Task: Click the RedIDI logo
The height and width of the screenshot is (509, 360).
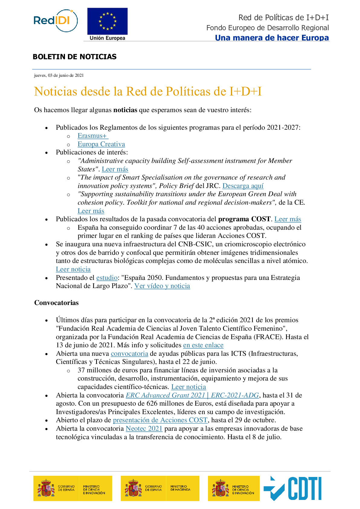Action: (x=55, y=21)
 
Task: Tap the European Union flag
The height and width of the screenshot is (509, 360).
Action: (x=107, y=21)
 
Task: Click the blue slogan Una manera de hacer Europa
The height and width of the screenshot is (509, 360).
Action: (x=272, y=38)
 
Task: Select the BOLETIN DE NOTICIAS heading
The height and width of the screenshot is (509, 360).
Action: (x=75, y=57)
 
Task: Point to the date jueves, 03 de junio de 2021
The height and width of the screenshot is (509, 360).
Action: (x=59, y=76)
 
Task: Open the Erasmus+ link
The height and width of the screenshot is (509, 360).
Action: (x=92, y=136)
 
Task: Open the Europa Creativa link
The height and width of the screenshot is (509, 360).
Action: (x=101, y=144)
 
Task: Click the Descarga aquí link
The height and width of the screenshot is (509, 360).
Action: (x=243, y=186)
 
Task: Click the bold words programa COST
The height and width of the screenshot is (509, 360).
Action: (x=244, y=219)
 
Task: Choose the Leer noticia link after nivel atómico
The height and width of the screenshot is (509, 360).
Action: (x=73, y=269)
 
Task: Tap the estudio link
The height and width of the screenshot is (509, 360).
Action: (x=107, y=278)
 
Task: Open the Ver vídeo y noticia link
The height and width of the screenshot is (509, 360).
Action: (x=162, y=286)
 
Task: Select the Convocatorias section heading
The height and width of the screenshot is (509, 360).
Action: (x=57, y=303)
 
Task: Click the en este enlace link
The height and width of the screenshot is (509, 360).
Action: (x=203, y=345)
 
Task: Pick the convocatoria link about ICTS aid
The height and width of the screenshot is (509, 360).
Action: (x=129, y=354)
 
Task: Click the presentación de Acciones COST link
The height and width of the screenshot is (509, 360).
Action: (x=160, y=420)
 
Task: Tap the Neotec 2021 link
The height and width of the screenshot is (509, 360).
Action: (x=144, y=429)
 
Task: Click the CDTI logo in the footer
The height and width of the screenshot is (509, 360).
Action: (x=293, y=488)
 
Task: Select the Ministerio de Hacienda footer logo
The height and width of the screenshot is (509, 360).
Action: (x=160, y=488)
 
